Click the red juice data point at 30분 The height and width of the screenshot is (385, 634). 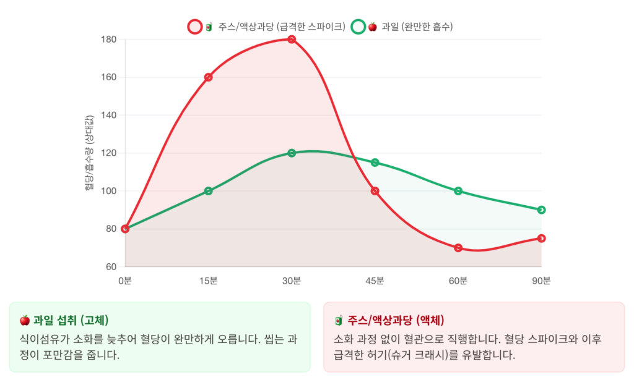[291, 40]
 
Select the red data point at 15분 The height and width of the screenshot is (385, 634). [208, 77]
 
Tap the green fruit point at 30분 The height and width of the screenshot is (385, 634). [291, 153]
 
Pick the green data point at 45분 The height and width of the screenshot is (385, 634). [375, 163]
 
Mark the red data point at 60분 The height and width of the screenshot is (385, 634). [458, 248]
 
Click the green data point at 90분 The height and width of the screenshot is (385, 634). [541, 210]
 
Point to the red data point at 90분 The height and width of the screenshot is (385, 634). [541, 239]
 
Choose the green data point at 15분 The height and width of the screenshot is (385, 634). [208, 191]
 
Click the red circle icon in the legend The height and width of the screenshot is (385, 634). [194, 27]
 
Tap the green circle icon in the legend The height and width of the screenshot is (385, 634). [358, 27]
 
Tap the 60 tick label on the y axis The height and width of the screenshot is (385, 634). [111, 267]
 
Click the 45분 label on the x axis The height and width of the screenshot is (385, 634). [375, 281]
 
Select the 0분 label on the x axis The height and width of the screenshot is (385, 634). [125, 281]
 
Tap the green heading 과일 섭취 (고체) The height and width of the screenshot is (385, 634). [71, 320]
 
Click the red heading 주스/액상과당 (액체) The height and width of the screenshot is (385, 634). [396, 320]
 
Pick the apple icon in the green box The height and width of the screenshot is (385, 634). [25, 320]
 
